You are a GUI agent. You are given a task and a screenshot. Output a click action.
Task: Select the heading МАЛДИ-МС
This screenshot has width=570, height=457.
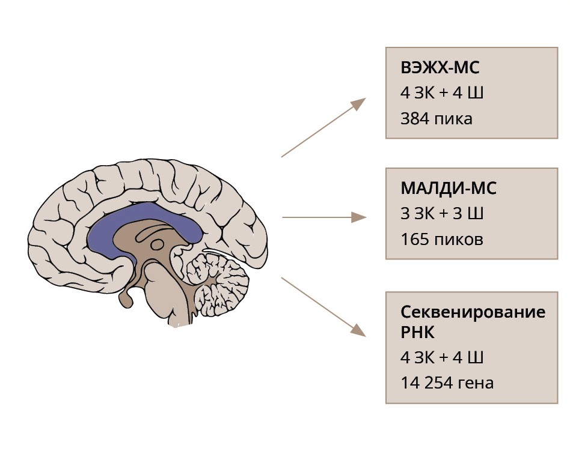click(448, 189)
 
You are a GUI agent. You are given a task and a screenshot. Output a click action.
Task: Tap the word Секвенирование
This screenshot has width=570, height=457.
click(473, 312)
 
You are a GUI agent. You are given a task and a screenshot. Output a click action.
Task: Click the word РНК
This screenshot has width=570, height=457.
click(415, 332)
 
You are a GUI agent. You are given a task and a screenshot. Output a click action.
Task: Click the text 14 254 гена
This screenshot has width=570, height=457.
click(447, 383)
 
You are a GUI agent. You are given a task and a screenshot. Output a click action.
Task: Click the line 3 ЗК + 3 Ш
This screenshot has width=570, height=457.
click(442, 214)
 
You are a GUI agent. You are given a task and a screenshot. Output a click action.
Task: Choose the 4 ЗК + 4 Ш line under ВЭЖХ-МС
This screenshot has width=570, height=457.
click(442, 94)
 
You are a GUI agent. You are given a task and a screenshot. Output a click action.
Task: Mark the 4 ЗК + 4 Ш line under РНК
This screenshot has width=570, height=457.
click(442, 357)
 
